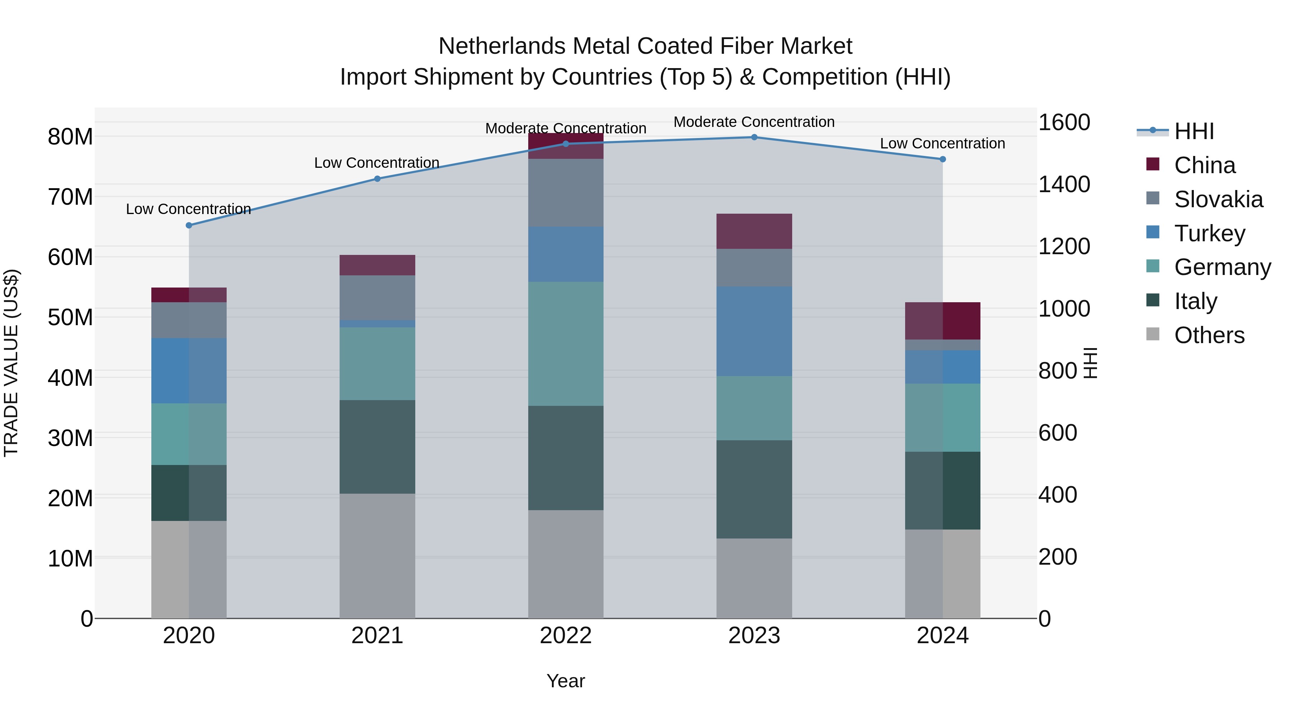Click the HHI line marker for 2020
tap(189, 226)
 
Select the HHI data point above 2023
tap(754, 137)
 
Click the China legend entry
tap(1204, 165)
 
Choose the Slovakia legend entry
tap(1218, 199)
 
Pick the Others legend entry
tap(1209, 335)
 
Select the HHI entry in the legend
tap(1194, 131)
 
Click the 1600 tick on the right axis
tap(1064, 122)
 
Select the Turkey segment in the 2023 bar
tap(754, 331)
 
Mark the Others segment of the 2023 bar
tap(754, 578)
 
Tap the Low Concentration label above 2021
tap(377, 163)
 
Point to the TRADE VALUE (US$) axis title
tap(11, 363)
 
